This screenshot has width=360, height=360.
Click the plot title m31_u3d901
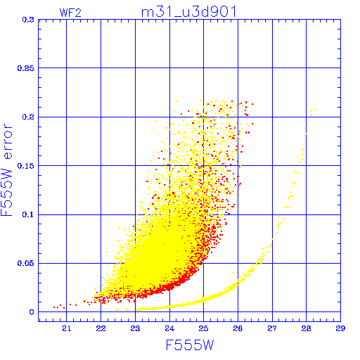[x=189, y=12]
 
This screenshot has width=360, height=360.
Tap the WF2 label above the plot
[x=70, y=13]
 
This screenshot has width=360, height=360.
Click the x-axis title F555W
[x=190, y=345]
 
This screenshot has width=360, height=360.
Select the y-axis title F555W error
[x=6, y=170]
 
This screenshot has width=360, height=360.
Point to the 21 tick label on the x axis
[x=67, y=328]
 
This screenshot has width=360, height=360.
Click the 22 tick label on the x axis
[x=101, y=328]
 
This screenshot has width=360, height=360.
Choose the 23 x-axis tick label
[x=135, y=328]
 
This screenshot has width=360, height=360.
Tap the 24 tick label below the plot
[x=169, y=328]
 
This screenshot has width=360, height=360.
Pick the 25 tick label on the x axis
[x=203, y=328]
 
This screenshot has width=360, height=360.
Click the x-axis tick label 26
[x=238, y=328]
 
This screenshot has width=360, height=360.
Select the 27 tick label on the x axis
[x=272, y=328]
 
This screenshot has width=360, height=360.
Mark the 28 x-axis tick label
[x=306, y=328]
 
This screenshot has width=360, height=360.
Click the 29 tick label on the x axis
[x=340, y=328]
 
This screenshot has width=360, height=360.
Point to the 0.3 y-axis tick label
[x=28, y=20]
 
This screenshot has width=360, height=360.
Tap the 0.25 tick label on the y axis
[x=26, y=68]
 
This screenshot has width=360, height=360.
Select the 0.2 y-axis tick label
[x=28, y=117]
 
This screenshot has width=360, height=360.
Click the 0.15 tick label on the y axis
[x=26, y=166]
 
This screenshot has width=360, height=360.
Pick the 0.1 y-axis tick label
[x=28, y=214]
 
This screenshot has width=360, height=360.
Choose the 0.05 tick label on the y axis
[x=26, y=263]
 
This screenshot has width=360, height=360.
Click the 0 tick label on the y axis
[x=32, y=312]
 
